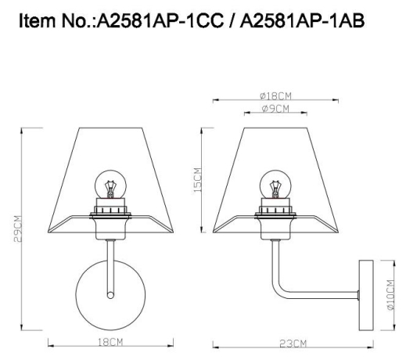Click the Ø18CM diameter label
click(274, 95)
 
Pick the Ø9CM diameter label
click(274, 108)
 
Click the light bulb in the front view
click(110, 185)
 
